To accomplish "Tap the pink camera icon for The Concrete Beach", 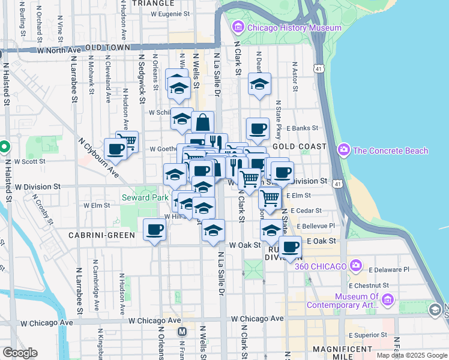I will tap(344, 149).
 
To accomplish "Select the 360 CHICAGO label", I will tap(321, 266).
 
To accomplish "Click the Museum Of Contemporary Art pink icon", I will tap(388, 299).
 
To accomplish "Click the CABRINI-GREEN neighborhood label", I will tap(101, 235).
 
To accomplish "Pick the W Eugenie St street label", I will tap(170, 13).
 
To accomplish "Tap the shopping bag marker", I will tap(203, 122).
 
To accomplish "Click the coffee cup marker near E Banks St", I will tap(258, 128).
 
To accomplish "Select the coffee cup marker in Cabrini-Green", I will tap(155, 229).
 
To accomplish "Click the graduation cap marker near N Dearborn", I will tap(259, 85).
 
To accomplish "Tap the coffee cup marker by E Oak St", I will tap(291, 247).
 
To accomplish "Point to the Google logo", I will tap(20, 353).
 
